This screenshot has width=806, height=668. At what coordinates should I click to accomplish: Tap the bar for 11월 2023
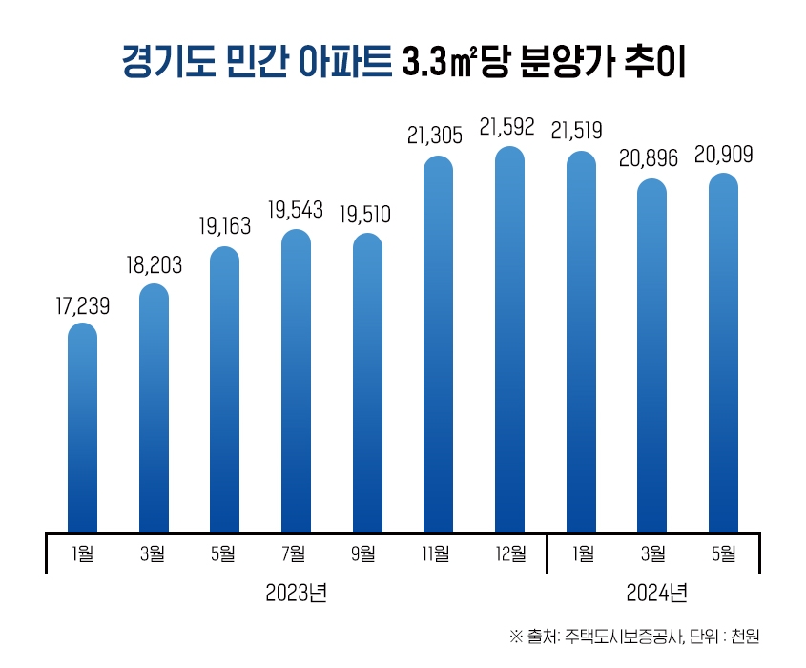(438, 344)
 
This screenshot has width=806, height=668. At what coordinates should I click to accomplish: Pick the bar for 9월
(367, 382)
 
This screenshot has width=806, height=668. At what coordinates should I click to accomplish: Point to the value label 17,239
(83, 307)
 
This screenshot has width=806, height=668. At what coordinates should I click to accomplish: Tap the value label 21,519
(577, 130)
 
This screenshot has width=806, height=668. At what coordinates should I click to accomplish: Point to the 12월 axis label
(510, 553)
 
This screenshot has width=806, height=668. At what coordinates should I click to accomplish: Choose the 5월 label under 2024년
(724, 553)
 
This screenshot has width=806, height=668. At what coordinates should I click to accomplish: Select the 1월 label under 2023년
(83, 553)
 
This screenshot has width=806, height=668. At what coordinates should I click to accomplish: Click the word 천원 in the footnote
(745, 637)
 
